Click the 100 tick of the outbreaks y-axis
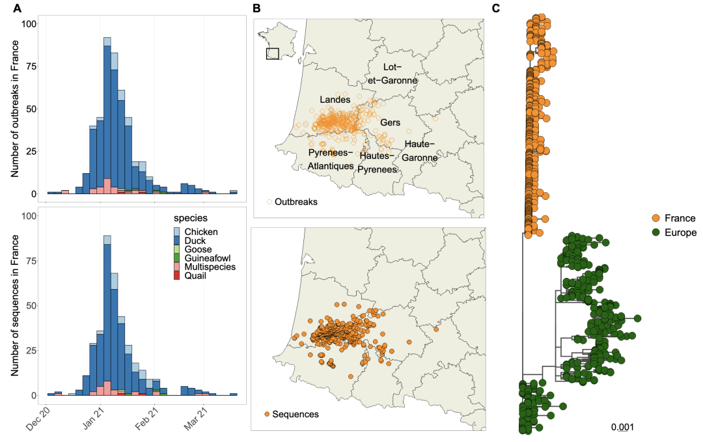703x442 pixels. click(x=29, y=24)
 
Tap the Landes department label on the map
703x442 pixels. click(x=335, y=100)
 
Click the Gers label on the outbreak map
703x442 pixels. click(x=390, y=122)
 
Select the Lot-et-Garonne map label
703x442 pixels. click(x=390, y=74)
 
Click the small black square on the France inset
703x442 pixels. click(x=273, y=53)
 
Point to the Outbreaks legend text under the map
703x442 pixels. click(x=296, y=202)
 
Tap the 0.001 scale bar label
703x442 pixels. click(x=622, y=427)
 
